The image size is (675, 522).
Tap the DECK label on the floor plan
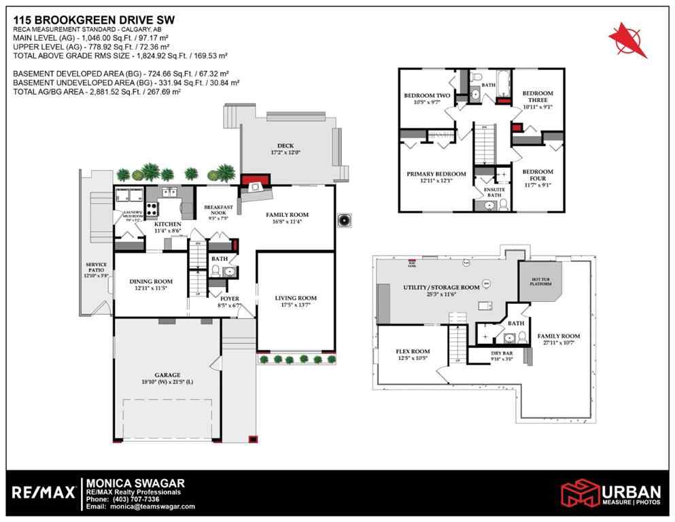point(279,145)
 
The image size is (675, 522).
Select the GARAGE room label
point(167,375)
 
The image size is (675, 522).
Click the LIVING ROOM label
point(296,298)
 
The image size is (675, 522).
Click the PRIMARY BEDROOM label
point(436,174)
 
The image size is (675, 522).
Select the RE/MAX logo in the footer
point(44,492)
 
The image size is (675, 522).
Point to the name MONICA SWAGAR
point(135,483)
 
